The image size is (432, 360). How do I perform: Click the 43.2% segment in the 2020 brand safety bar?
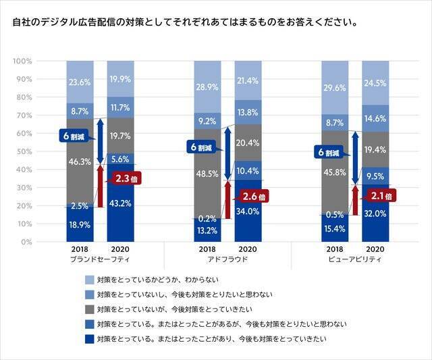tap(120, 203)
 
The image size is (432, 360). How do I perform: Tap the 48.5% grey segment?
tap(207, 173)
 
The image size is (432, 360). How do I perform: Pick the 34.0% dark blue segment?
tap(248, 211)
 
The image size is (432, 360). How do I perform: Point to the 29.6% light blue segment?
tap(335, 88)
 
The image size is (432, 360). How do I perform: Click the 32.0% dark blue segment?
tap(375, 213)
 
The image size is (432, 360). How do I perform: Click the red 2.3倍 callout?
tap(128, 179)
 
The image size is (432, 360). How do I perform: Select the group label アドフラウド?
tap(227, 259)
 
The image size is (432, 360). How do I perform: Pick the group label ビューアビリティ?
tap(355, 259)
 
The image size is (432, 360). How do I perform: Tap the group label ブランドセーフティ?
tap(100, 259)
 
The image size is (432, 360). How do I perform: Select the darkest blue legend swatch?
tap(89, 338)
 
